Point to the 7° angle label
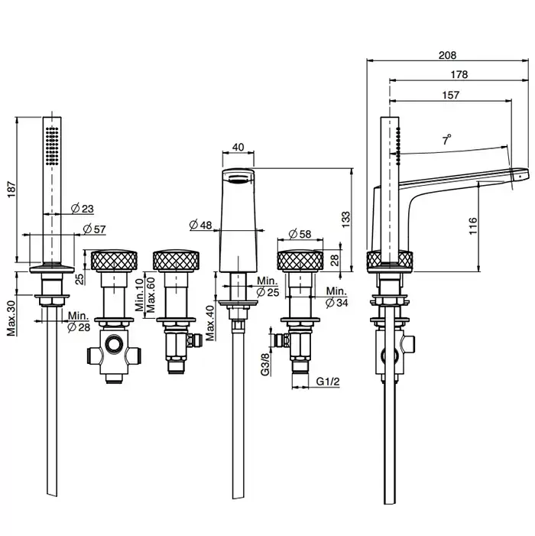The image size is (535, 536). point(447,139)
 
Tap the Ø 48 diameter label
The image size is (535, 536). point(200,225)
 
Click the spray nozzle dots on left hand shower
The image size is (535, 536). point(51,145)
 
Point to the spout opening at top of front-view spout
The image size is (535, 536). point(238,178)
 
